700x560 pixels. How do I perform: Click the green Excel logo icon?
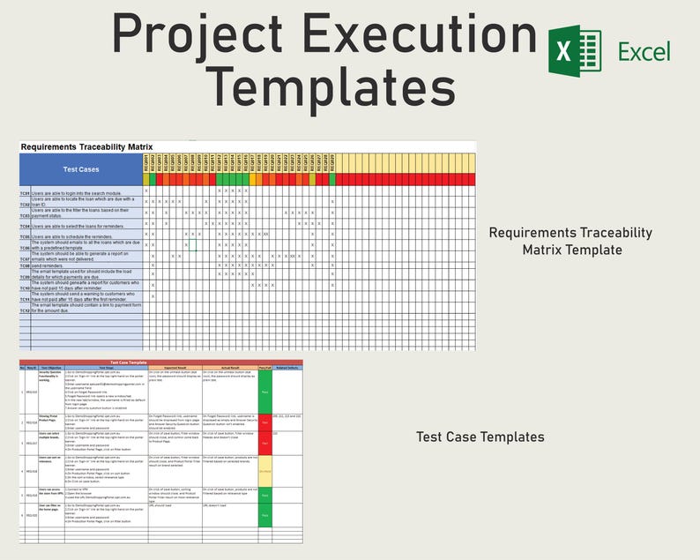pos(574,52)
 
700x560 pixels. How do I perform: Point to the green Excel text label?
pos(644,51)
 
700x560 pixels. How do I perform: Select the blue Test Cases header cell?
pos(81,169)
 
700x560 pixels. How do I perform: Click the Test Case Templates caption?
pos(480,437)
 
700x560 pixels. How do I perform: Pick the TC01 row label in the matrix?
pos(26,191)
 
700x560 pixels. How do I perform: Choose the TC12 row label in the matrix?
pos(26,310)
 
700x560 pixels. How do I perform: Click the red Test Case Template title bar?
pos(160,362)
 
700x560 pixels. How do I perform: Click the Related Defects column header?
pos(287,367)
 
